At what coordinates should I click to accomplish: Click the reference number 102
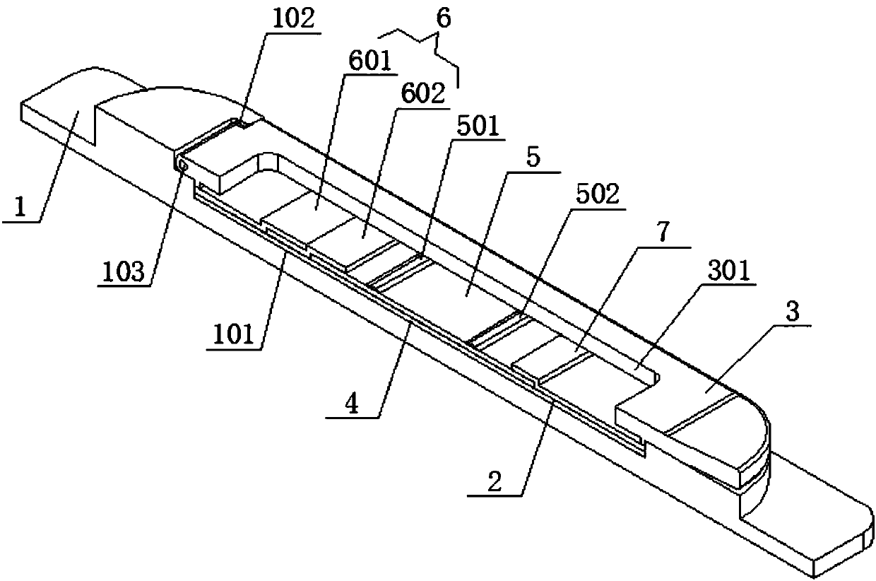(291, 18)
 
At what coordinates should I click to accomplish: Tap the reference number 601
(367, 62)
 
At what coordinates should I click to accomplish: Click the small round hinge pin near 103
(182, 164)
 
